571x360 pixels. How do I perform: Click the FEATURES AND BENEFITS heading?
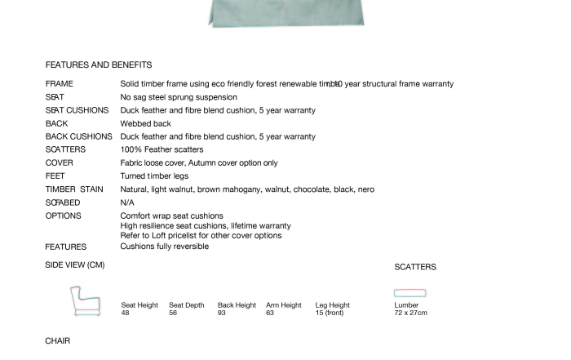click(x=99, y=64)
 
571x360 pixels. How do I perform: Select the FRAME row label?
click(x=60, y=84)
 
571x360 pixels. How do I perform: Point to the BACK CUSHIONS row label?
click(x=79, y=137)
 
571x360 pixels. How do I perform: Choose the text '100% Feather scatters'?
click(x=162, y=150)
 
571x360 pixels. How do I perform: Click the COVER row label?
click(x=60, y=163)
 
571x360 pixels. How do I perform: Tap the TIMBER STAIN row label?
click(x=74, y=189)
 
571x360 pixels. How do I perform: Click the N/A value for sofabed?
click(x=127, y=202)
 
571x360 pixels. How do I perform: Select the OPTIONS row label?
click(x=64, y=216)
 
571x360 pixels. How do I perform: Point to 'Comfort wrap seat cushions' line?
click(x=172, y=216)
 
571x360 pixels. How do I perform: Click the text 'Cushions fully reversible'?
click(x=165, y=246)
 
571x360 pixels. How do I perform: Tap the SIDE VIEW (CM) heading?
click(x=75, y=264)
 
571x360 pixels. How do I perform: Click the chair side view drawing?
click(x=85, y=302)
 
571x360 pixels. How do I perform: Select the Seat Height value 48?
click(x=126, y=313)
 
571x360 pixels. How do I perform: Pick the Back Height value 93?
click(x=222, y=313)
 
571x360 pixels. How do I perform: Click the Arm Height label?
click(x=284, y=305)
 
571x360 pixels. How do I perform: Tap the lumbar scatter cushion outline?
click(x=410, y=293)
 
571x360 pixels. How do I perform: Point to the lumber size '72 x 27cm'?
click(x=411, y=313)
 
